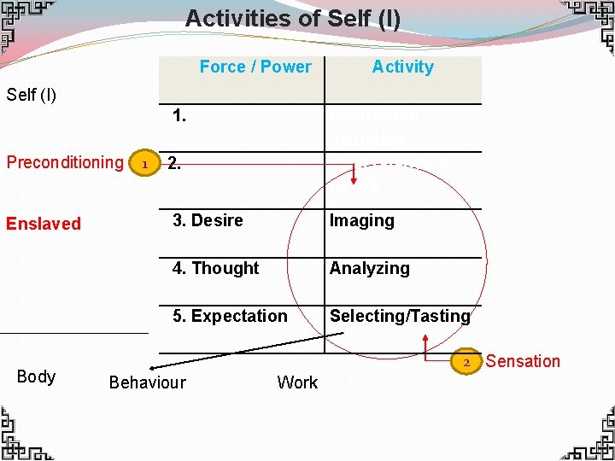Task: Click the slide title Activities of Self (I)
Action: (293, 18)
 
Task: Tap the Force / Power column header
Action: (255, 67)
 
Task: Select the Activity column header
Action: (402, 67)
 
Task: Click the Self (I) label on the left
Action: (32, 94)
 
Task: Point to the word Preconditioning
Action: (65, 162)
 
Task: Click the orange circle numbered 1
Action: (145, 163)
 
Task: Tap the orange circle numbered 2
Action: (466, 362)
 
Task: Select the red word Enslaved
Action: (44, 224)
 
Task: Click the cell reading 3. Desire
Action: (208, 220)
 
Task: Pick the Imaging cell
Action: (362, 220)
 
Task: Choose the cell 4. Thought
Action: (215, 268)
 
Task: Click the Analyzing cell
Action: (370, 268)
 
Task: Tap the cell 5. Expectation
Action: (230, 316)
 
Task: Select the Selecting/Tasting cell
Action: (400, 316)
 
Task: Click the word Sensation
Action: (523, 361)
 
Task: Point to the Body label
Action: (36, 376)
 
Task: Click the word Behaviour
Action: (147, 382)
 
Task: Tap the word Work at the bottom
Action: (297, 382)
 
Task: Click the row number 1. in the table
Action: (179, 115)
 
